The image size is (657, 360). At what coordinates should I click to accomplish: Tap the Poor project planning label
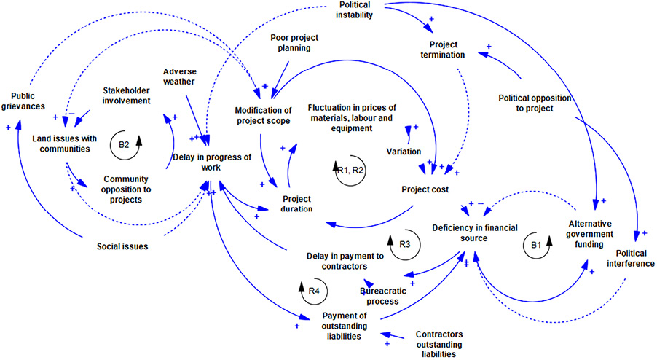(x=291, y=42)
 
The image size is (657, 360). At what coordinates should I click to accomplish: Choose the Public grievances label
(x=28, y=101)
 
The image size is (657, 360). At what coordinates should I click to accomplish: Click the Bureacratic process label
(x=379, y=295)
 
